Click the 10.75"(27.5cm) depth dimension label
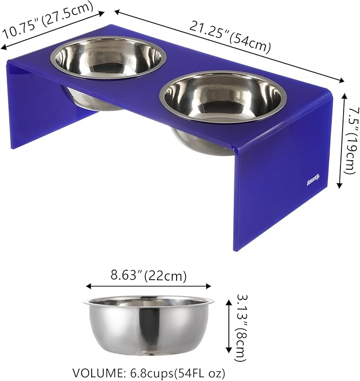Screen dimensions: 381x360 point(49,22)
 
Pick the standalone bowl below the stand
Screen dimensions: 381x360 point(148,325)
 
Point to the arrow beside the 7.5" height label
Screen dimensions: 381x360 point(340,141)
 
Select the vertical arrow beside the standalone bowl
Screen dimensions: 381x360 point(229,326)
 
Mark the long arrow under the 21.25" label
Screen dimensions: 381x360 point(229,47)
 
